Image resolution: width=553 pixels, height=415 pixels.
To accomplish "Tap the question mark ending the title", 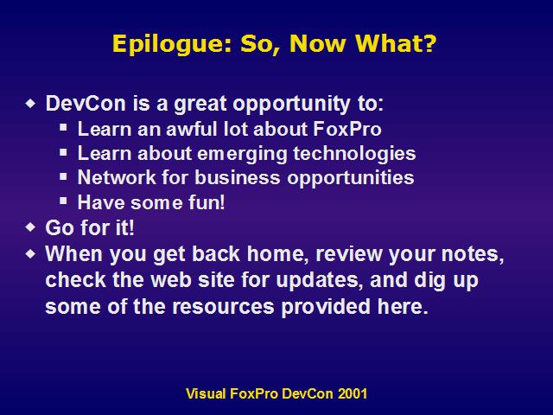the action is (x=429, y=43).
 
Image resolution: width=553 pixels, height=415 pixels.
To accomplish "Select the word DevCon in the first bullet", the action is (x=86, y=104).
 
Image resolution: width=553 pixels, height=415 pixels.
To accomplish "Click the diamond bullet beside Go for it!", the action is (x=31, y=227).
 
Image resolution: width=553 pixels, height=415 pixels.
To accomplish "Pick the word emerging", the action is (x=242, y=155).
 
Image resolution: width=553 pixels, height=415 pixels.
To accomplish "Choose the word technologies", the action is (x=354, y=154).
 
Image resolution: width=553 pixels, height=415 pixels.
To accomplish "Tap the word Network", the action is (x=117, y=177).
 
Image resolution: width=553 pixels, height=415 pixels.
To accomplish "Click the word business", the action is (x=238, y=177).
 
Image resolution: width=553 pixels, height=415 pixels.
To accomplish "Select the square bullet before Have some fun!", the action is (x=63, y=201).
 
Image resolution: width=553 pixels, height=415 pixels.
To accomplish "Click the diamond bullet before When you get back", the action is (x=31, y=253).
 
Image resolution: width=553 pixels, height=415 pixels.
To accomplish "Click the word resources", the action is (x=223, y=306).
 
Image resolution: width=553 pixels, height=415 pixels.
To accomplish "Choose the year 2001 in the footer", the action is (x=353, y=393).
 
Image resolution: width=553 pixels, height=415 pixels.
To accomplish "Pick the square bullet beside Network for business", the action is (x=63, y=176).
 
